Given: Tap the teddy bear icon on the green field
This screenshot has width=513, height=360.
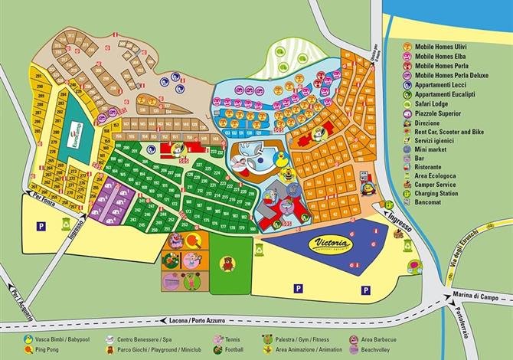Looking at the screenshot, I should [227, 264].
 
